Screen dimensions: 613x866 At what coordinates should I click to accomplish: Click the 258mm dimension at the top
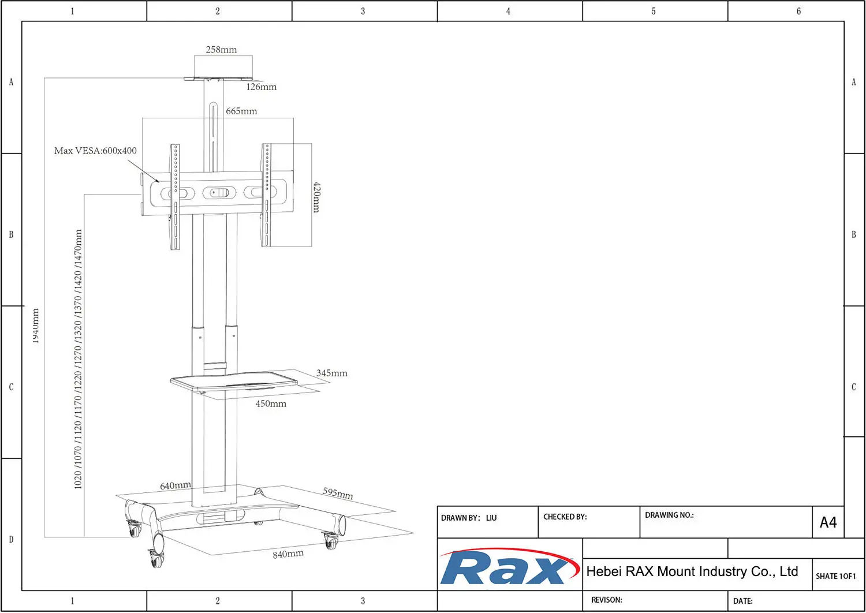[221, 50]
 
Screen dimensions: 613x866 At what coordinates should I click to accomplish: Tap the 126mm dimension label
[261, 87]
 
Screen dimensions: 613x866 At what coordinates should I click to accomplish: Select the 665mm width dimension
[241, 111]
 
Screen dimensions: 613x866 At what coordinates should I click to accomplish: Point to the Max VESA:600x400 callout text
[95, 151]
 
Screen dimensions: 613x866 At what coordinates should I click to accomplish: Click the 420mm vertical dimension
[316, 197]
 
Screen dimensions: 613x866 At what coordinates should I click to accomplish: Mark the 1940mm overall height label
[36, 326]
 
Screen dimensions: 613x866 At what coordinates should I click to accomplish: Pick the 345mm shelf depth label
[331, 373]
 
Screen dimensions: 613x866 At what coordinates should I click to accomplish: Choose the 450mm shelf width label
[271, 404]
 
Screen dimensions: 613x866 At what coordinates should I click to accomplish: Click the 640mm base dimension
[175, 486]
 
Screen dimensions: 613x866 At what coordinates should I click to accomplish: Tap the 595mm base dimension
[338, 493]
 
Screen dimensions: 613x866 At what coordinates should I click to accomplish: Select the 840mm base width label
[288, 554]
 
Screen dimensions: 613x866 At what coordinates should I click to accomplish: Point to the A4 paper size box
[828, 522]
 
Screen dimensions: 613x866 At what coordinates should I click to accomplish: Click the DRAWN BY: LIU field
[469, 518]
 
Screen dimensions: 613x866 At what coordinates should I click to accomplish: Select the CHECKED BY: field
[565, 517]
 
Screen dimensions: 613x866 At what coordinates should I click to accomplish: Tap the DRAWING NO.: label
[669, 515]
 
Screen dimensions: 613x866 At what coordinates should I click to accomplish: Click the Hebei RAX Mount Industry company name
[692, 571]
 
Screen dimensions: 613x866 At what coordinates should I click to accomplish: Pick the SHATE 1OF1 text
[835, 576]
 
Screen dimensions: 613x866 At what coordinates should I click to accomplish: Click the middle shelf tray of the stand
[234, 382]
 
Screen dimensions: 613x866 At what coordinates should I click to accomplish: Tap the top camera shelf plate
[218, 79]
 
